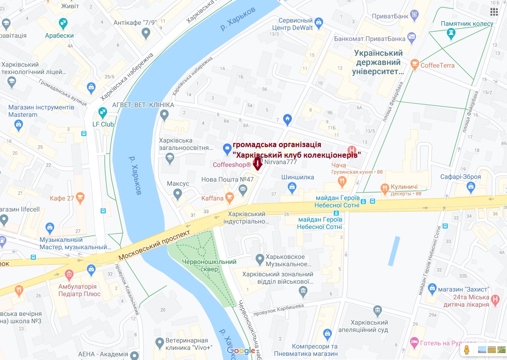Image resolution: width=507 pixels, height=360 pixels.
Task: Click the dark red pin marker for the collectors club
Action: (258, 163)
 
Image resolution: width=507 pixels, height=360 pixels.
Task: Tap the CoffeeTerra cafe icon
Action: (415, 65)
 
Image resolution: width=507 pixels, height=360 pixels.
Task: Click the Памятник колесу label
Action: (467, 23)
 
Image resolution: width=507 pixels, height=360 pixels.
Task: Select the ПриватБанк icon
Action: (415, 15)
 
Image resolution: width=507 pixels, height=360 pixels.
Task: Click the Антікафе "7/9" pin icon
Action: (146, 33)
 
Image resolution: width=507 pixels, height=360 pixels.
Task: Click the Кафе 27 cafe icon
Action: (81, 198)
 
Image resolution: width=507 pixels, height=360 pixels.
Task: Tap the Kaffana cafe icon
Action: (229, 198)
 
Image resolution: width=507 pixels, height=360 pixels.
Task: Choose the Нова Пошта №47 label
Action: (228, 179)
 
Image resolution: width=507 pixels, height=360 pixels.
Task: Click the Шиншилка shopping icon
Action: (291, 187)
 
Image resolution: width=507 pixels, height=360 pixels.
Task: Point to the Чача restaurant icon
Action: (342, 182)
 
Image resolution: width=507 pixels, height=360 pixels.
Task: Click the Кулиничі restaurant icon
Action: (384, 187)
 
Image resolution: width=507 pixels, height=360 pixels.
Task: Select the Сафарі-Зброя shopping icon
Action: (470, 187)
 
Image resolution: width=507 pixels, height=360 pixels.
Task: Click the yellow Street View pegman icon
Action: (467, 350)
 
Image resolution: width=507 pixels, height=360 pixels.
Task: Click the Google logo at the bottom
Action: (241, 351)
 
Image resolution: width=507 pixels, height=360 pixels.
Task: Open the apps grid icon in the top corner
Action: (494, 11)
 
